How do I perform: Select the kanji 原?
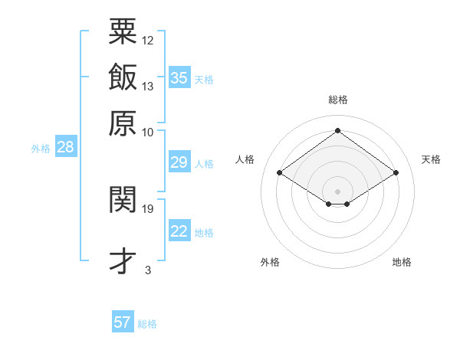pos(123,122)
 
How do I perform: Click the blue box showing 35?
pos(179,77)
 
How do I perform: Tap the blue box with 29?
pos(179,162)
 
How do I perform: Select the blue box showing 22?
pos(179,231)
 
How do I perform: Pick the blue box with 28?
pos(65,147)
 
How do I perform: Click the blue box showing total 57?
pos(123,322)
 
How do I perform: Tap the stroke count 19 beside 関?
pos(148,208)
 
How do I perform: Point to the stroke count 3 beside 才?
pos(148,270)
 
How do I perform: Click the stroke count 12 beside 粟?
pos(148,40)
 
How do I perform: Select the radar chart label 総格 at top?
pos(337,100)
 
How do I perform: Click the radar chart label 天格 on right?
pos(431,159)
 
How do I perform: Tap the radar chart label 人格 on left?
pos(245,159)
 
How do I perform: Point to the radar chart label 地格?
pos(402,262)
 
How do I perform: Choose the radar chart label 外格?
pos(270,262)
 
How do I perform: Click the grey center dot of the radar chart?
pos(337,191)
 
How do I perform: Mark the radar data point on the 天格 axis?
pos(396,173)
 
